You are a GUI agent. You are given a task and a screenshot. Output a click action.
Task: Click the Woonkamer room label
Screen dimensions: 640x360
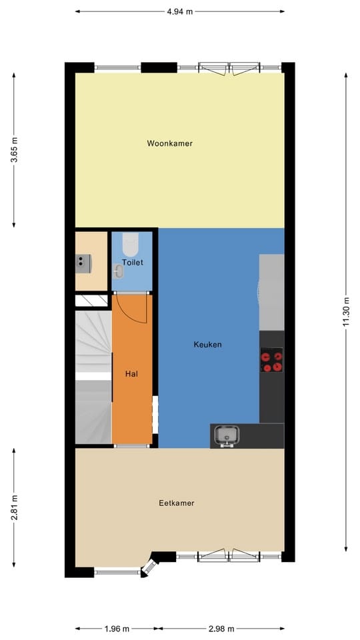click(170, 143)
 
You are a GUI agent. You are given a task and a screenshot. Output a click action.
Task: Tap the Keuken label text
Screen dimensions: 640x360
click(207, 345)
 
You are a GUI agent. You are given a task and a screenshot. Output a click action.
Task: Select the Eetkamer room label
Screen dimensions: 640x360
click(177, 503)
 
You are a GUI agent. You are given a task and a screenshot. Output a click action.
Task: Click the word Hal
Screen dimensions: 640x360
click(131, 374)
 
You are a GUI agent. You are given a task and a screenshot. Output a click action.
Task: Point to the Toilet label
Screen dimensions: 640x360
click(132, 263)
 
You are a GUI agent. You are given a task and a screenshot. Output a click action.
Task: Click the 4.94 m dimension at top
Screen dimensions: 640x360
click(179, 11)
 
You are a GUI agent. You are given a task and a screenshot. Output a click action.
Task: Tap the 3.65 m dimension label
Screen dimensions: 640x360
click(15, 151)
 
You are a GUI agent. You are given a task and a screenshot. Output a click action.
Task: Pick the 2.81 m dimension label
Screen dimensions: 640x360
click(15, 506)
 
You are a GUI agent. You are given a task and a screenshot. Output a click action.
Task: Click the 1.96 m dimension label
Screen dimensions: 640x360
click(117, 628)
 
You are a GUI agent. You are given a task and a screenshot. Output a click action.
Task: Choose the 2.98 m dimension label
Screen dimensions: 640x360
click(222, 628)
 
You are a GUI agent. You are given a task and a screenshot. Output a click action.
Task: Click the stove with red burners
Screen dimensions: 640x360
click(271, 361)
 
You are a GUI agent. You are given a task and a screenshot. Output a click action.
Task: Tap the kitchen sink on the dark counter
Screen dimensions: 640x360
click(227, 436)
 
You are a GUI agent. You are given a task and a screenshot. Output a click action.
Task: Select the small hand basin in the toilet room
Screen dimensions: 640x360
click(119, 271)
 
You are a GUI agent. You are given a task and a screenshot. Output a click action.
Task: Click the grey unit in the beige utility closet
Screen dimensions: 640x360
click(83, 264)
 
